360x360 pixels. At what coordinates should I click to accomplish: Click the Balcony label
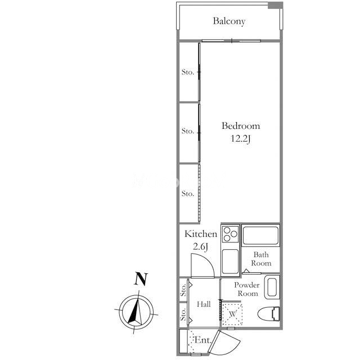pos(229,21)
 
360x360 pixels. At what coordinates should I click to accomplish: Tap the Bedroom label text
pos(241,126)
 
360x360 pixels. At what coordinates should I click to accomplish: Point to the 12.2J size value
pos(240,139)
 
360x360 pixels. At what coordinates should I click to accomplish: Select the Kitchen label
pos(201,234)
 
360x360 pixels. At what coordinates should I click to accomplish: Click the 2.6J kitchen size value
pos(201,247)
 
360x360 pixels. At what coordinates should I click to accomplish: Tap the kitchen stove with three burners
pos(230,234)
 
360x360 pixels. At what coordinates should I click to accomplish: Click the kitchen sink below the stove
pos(230,262)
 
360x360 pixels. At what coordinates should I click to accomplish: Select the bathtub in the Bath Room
pos(260,235)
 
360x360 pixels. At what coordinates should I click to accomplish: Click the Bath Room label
pos(261,259)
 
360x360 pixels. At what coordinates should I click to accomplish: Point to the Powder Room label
pos(247,289)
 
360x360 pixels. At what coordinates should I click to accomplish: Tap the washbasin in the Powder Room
pos(272,287)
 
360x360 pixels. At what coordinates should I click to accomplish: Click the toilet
pos(269,314)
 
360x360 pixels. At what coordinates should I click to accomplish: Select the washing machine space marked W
pos(232,314)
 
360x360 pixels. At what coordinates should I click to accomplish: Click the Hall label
pos(204,304)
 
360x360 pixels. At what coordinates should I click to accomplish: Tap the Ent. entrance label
pos(202,340)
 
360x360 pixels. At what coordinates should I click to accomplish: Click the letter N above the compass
pos(141,279)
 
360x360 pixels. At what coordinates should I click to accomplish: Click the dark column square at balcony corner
pos(275,6)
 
